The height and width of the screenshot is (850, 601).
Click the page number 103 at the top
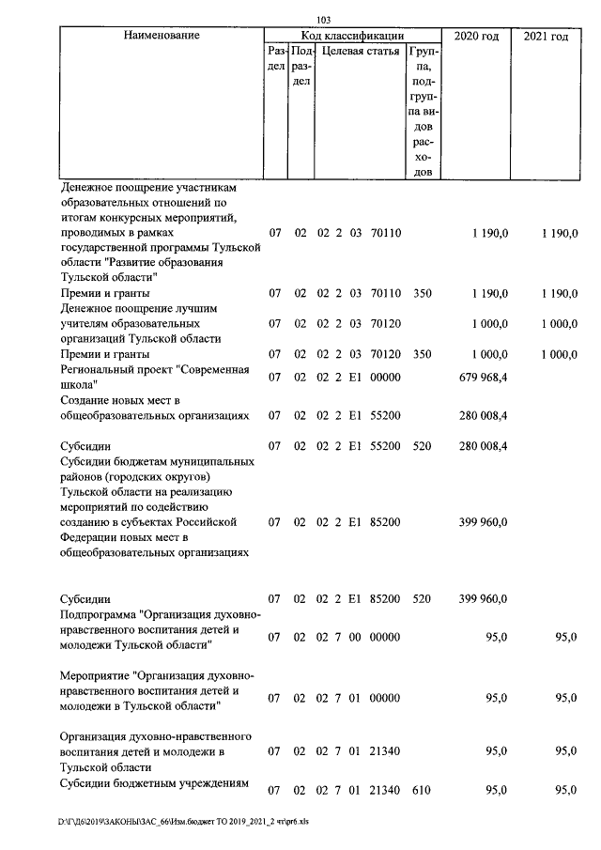[325, 20]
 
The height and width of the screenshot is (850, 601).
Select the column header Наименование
[162, 36]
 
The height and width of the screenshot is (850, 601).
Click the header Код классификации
[352, 36]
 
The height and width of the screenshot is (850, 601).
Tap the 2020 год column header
[476, 36]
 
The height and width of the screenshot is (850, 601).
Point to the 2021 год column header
[545, 36]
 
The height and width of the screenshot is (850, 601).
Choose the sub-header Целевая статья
[360, 52]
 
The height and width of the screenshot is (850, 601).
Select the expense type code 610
[422, 791]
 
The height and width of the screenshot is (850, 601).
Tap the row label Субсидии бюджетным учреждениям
[153, 784]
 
